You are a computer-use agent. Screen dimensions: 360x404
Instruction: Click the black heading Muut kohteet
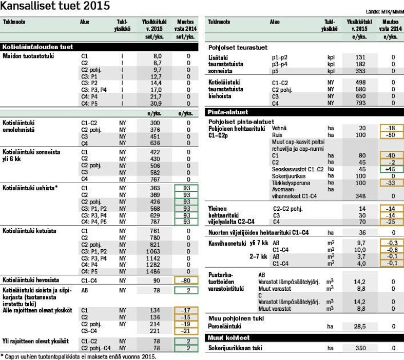click(228, 337)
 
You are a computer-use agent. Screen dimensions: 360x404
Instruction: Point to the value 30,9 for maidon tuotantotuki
click(157, 103)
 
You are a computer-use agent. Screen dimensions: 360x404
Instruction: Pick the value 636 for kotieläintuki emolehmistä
click(155, 143)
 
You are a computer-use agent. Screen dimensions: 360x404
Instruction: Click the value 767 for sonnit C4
click(155, 179)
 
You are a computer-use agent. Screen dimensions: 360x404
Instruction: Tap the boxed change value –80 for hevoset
click(185, 281)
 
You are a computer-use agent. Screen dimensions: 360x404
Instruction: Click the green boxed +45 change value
click(391, 169)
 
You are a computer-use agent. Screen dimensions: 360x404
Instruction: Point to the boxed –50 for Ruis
click(391, 134)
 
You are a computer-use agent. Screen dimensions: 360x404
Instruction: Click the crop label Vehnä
click(280, 128)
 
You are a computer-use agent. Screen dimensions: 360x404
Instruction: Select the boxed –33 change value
click(391, 183)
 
